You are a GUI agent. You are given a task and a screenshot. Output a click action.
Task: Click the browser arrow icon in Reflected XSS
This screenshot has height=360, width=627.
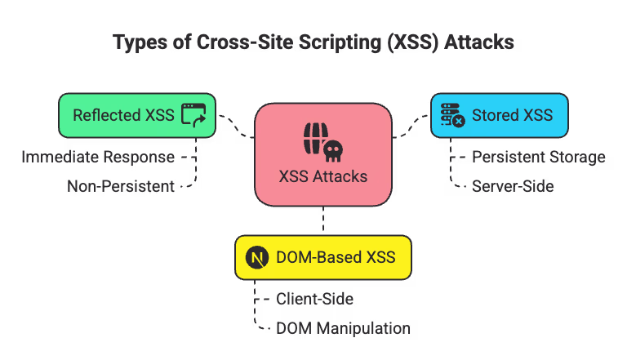[x=193, y=115]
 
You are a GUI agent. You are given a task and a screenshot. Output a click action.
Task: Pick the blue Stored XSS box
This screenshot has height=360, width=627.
[x=499, y=115]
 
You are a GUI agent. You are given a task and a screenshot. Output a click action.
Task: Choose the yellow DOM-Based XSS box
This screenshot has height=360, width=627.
[x=322, y=258]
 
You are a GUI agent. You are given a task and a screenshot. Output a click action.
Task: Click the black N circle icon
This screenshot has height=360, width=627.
[x=257, y=258]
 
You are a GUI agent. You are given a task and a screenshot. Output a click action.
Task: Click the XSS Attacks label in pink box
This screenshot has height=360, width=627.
[x=323, y=176]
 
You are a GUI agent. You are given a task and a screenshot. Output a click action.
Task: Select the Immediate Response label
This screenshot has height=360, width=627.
[x=98, y=156]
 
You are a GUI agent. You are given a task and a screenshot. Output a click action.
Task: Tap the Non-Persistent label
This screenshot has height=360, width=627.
[x=121, y=186]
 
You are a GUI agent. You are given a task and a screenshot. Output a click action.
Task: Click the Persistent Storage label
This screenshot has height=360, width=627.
[x=539, y=156]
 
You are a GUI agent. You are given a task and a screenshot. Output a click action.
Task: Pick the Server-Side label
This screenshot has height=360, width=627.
[x=513, y=186]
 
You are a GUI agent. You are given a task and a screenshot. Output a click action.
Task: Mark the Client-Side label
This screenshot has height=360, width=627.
[x=314, y=299]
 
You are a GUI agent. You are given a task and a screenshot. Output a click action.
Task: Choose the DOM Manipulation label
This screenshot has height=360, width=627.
[x=343, y=328]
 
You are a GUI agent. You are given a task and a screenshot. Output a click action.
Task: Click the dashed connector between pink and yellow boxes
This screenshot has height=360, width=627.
[x=323, y=220]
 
